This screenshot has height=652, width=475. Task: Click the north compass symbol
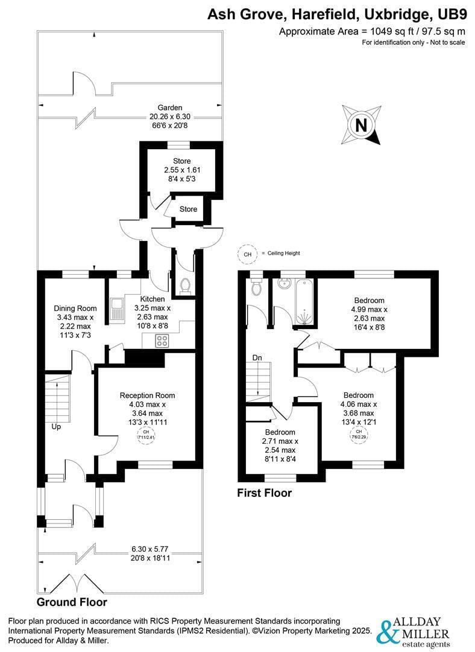[361, 126]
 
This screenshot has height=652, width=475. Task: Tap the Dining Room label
[75, 308]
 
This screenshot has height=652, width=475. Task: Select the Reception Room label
[147, 395]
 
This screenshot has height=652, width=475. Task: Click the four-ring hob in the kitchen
[162, 340]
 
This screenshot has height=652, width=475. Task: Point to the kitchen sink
[116, 309]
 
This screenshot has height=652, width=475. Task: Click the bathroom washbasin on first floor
[284, 284]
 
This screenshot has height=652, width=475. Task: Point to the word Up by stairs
[57, 426]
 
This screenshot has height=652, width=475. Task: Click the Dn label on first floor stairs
[257, 357]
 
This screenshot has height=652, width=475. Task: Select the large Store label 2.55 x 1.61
[181, 170]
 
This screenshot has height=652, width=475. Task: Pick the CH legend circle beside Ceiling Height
[247, 254]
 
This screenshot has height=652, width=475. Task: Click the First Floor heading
[264, 493]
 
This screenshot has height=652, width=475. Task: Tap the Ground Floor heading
[72, 602]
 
